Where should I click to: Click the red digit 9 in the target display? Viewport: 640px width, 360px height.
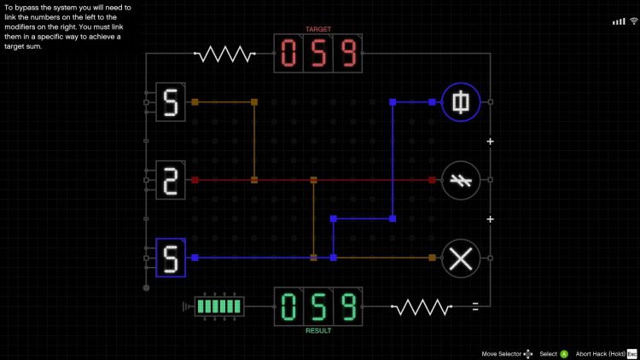pyautogui.click(x=347, y=54)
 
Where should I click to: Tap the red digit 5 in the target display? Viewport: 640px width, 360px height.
pyautogui.click(x=318, y=54)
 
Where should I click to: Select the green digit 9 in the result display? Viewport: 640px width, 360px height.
pyautogui.click(x=347, y=305)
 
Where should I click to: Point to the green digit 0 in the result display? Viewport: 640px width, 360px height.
pyautogui.click(x=289, y=305)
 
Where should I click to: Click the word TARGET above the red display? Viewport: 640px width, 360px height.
pyautogui.click(x=318, y=29)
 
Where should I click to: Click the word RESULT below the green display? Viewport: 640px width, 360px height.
pyautogui.click(x=318, y=330)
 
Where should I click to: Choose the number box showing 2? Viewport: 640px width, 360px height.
pyautogui.click(x=170, y=180)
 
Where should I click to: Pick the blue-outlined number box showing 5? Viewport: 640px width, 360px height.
pyautogui.click(x=170, y=258)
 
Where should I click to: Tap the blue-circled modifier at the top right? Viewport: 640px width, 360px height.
pyautogui.click(x=461, y=102)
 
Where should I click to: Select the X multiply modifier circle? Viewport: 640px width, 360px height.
pyautogui.click(x=461, y=258)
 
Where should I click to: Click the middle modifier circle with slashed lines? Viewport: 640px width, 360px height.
pyautogui.click(x=461, y=180)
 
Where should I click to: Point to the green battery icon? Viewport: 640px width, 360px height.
pyautogui.click(x=218, y=305)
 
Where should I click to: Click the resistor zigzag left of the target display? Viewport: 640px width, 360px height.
pyautogui.click(x=224, y=55)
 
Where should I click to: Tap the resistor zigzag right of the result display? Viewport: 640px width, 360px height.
pyautogui.click(x=421, y=306)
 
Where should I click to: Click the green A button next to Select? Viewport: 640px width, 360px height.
pyautogui.click(x=564, y=353)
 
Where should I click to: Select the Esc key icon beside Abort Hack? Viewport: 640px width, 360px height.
pyautogui.click(x=632, y=353)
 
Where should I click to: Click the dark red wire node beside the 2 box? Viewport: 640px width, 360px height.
pyautogui.click(x=195, y=180)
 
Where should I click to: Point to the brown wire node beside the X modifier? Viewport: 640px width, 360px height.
pyautogui.click(x=433, y=258)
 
